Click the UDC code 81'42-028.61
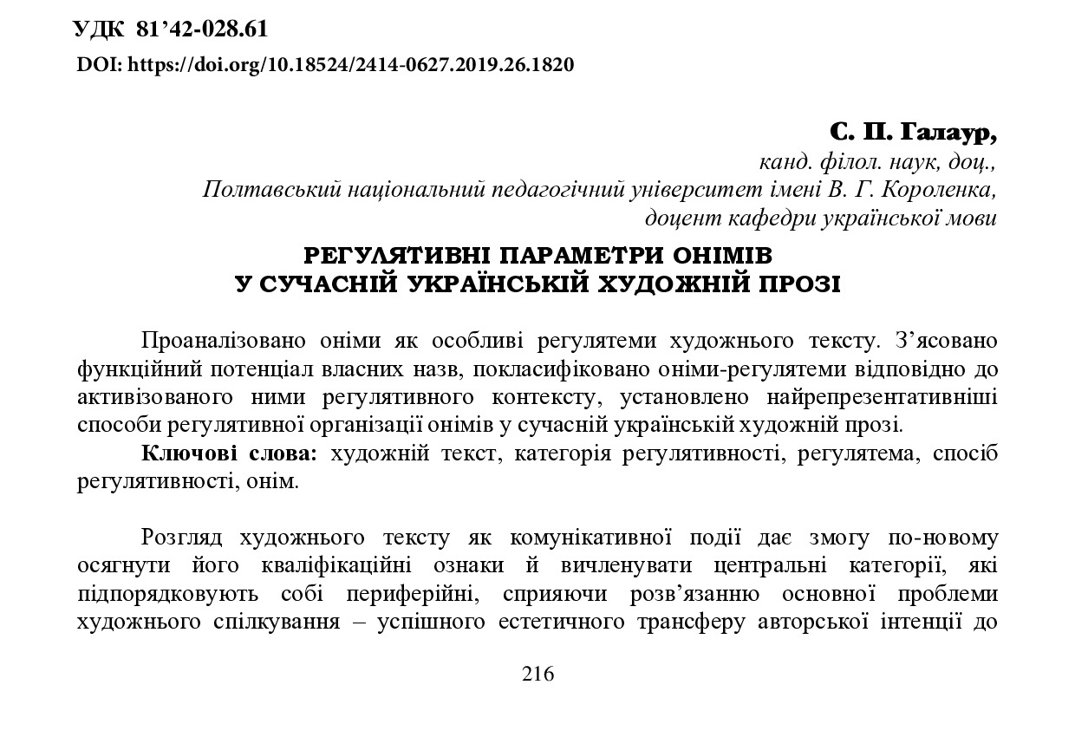pos(202,29)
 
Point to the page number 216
pos(537,675)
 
